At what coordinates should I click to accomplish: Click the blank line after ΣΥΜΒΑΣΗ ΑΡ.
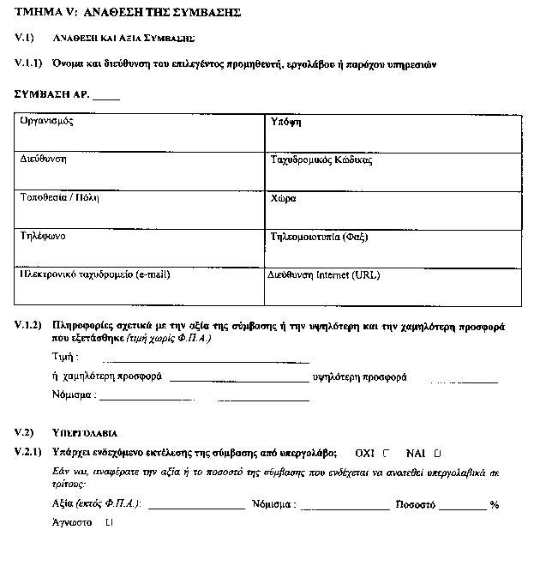(106, 97)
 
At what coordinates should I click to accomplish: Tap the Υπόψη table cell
(391, 133)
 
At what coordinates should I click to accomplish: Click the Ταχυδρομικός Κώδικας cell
(391, 172)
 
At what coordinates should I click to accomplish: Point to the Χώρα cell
(391, 210)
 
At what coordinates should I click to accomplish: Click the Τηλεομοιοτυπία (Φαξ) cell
(391, 248)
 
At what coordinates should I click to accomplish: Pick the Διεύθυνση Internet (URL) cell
(391, 286)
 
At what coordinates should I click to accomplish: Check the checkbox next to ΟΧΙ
(387, 452)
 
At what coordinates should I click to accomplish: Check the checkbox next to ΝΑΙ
(437, 452)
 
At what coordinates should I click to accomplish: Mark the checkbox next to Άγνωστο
(108, 521)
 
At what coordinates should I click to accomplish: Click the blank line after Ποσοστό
(463, 507)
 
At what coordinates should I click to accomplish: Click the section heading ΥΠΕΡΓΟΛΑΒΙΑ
(85, 432)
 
